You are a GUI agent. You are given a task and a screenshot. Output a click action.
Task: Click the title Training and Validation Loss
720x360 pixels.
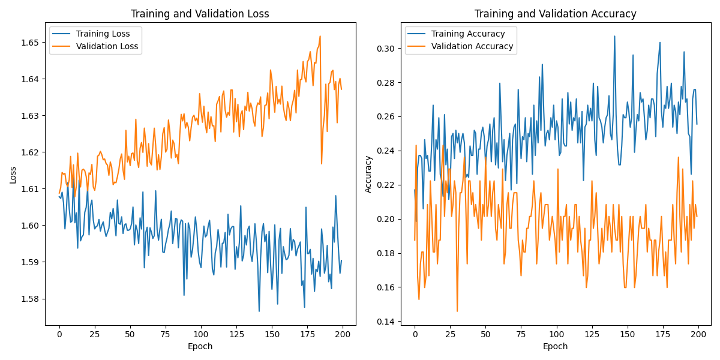[x=200, y=14]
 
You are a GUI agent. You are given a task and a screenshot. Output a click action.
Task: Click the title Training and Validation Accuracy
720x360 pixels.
[x=555, y=14]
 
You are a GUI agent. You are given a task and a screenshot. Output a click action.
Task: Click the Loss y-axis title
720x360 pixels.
[x=13, y=175]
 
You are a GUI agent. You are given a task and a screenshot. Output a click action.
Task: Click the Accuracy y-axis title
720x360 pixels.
[x=368, y=174]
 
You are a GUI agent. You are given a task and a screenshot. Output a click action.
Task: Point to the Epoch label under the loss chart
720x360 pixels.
[x=200, y=346]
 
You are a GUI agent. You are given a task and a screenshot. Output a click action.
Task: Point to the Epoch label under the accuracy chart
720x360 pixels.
[x=555, y=346]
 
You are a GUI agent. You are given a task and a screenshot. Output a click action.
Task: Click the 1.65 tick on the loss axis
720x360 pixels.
[x=29, y=43]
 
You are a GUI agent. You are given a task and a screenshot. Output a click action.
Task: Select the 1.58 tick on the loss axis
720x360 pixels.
[x=29, y=299]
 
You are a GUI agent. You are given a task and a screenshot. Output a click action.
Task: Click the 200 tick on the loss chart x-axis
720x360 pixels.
[x=343, y=334]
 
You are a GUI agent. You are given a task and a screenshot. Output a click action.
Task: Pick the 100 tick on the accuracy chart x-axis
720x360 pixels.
[x=556, y=334]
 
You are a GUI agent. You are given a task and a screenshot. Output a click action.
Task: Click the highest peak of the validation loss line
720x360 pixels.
[x=320, y=36]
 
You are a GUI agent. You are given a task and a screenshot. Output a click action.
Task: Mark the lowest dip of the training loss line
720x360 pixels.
[x=259, y=311]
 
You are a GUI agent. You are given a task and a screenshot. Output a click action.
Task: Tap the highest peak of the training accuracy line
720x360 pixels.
[x=614, y=36]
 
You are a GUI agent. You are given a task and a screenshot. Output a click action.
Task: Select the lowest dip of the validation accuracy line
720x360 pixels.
[x=457, y=311]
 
